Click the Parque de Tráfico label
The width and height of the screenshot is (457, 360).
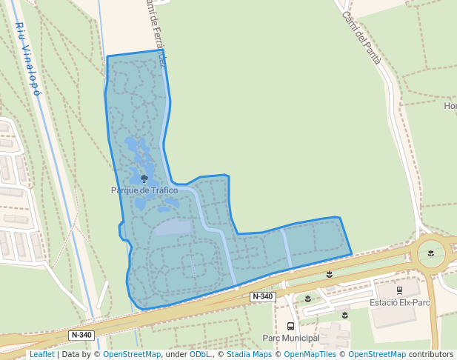click(144, 190)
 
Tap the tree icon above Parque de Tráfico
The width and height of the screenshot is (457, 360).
click(144, 179)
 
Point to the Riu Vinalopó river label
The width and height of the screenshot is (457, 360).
click(27, 59)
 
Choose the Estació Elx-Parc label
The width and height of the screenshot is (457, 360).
click(399, 303)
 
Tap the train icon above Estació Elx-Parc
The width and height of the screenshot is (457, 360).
click(399, 290)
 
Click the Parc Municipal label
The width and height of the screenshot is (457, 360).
click(290, 338)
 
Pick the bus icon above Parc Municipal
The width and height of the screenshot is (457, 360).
click(290, 326)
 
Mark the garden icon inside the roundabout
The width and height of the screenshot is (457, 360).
click(431, 253)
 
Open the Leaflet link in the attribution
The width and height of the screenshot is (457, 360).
click(41, 355)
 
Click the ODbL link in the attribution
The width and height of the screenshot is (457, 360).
click(200, 355)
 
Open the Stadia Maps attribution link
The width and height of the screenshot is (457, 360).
click(249, 355)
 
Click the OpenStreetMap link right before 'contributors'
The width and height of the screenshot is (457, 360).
click(377, 355)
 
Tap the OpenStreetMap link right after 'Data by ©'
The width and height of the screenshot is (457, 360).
click(132, 355)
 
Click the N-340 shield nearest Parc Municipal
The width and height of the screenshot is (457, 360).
click(262, 296)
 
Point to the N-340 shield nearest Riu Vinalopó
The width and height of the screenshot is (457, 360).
click(81, 335)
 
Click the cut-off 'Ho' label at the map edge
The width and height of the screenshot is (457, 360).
click(450, 106)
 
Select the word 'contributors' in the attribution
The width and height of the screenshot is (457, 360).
click(431, 355)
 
